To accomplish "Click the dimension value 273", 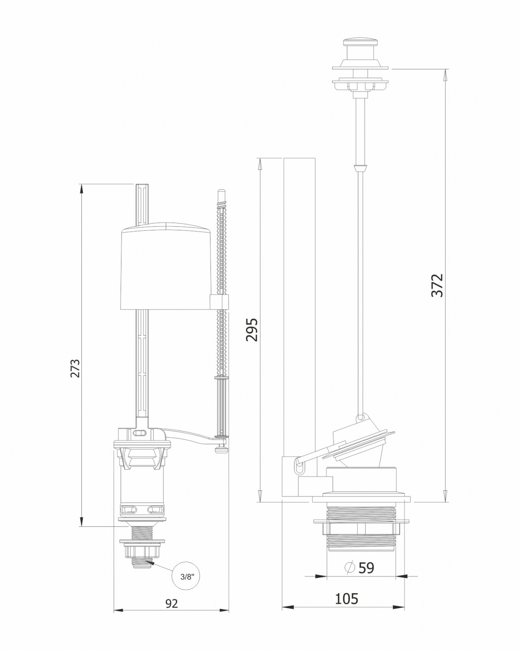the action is coord(75,368).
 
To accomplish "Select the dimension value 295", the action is coord(252,329).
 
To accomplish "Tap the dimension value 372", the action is coord(437,286).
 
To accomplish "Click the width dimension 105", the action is coord(347,598).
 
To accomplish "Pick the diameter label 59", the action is coord(366,568).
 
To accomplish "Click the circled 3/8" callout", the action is coord(186,576).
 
